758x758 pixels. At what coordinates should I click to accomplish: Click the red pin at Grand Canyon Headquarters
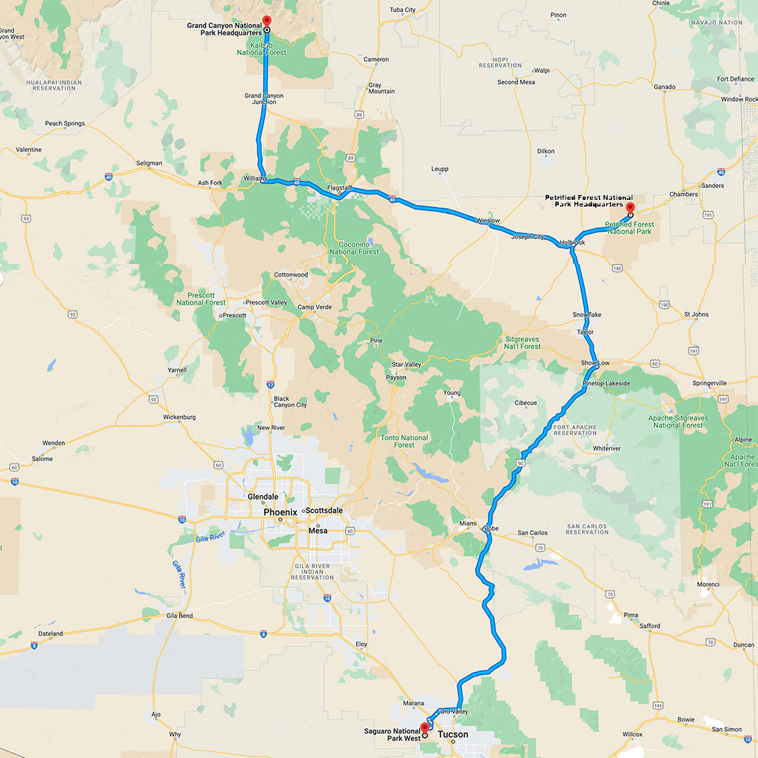[x=267, y=21]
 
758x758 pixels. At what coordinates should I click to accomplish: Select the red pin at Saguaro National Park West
[x=424, y=728]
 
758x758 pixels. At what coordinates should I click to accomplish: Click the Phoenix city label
[x=280, y=512]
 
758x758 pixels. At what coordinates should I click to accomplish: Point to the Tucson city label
[x=453, y=734]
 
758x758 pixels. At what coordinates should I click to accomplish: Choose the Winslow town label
[x=488, y=221]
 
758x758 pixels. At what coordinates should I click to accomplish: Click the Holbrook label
[x=572, y=242]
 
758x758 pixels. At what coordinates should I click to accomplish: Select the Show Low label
[x=595, y=363]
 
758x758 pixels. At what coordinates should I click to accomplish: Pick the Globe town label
[x=491, y=529]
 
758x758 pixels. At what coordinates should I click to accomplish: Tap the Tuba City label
[x=403, y=10]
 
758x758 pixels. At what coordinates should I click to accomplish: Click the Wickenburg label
[x=179, y=417]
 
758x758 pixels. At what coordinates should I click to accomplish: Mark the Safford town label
[x=650, y=625]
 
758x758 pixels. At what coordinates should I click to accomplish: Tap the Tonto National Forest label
[x=404, y=441]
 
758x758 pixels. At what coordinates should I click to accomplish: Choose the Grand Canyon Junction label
[x=264, y=98]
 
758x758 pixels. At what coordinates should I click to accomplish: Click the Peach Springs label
[x=64, y=124]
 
